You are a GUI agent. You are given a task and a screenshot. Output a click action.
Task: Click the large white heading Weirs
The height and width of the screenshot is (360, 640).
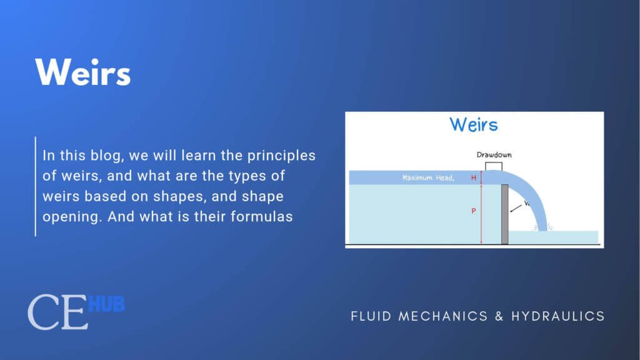point(83,72)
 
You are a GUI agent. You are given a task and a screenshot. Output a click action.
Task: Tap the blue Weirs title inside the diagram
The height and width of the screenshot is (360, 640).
point(474,124)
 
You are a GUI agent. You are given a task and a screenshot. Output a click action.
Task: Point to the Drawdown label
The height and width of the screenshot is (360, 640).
point(494,154)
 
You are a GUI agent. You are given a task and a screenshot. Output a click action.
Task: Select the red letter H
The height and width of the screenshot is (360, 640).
point(474,178)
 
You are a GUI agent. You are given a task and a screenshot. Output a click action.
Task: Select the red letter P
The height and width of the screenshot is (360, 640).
point(474,211)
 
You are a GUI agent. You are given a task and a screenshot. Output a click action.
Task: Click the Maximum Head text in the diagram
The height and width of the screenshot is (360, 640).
point(429,178)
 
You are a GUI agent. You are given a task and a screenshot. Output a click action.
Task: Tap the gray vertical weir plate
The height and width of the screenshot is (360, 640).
point(504,214)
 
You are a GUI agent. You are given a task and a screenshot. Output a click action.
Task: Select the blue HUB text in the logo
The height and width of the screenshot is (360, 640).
point(106,304)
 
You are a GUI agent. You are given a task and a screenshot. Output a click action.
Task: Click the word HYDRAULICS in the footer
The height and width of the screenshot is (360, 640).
point(558,316)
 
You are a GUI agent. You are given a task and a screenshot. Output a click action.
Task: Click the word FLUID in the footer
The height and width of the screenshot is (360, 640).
point(372,316)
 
